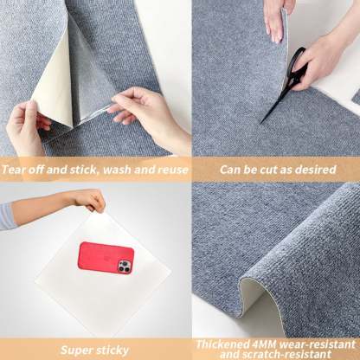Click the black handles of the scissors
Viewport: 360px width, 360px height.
[297, 63]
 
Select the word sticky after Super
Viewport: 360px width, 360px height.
[113, 350]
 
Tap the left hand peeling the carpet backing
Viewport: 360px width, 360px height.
[26, 125]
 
